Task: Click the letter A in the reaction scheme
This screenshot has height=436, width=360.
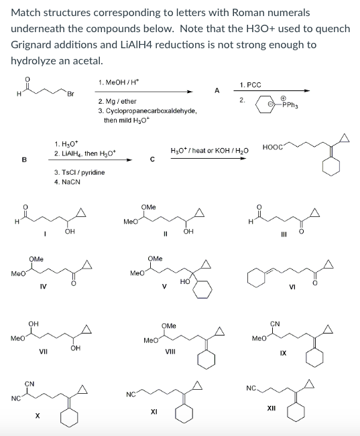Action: [x=217, y=90]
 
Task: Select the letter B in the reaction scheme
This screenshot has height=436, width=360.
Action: [x=24, y=159]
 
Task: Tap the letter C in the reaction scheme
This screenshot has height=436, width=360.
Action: [x=152, y=159]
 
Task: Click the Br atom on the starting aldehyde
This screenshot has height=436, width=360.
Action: [x=70, y=94]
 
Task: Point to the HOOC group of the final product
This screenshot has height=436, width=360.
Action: [x=273, y=147]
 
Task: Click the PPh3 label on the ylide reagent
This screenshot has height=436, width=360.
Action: [x=290, y=105]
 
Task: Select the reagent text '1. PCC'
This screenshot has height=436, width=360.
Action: [x=251, y=85]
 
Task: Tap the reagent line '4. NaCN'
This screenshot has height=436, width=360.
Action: [x=68, y=182]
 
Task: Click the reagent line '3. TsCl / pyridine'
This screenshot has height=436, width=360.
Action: [x=80, y=172]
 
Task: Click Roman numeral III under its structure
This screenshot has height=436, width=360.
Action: [x=284, y=235]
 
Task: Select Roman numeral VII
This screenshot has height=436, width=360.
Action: [x=43, y=352]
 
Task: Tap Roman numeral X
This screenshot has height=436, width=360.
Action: [x=37, y=416]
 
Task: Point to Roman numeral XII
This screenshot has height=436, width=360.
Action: [x=272, y=408]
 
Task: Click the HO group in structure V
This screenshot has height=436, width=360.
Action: [x=185, y=282]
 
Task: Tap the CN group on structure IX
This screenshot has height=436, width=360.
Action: [x=275, y=323]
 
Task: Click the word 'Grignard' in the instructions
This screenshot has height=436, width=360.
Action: [x=31, y=44]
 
